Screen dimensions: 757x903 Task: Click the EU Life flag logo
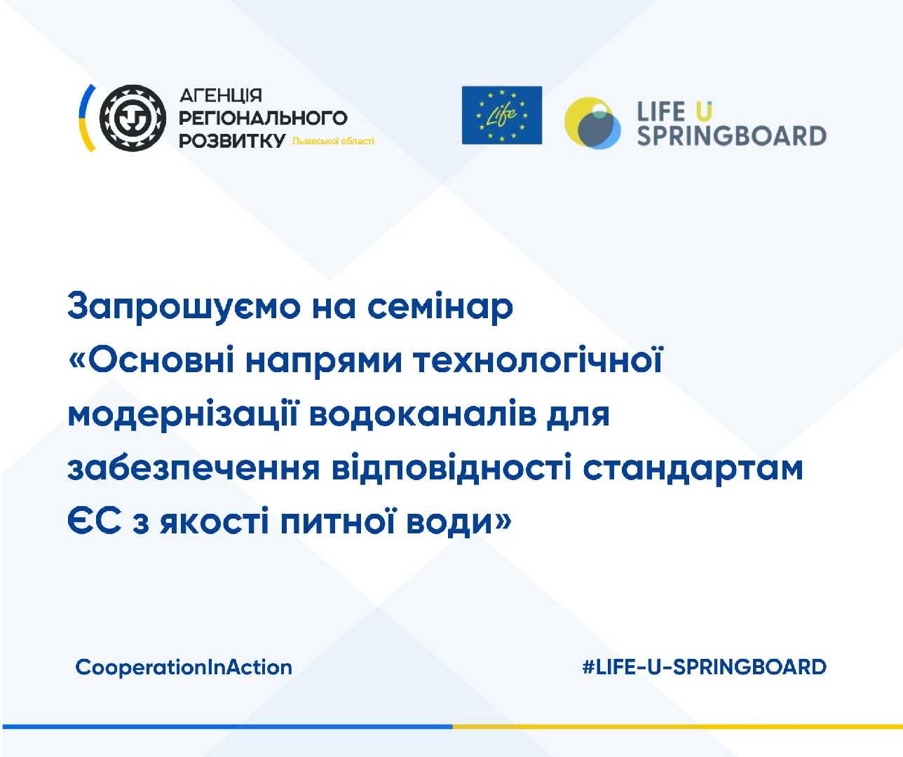tap(501, 116)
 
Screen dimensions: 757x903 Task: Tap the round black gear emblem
tap(133, 118)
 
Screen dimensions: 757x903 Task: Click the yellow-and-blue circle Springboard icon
tap(592, 123)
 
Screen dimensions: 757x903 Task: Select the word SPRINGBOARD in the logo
tap(731, 135)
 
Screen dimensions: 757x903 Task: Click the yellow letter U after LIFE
tap(703, 111)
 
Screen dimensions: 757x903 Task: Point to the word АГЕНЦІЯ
tap(220, 95)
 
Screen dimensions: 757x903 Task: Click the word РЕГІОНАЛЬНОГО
tap(263, 118)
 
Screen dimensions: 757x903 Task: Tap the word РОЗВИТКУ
tap(232, 141)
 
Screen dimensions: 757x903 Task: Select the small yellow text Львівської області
tap(333, 141)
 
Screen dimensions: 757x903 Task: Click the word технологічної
tap(538, 360)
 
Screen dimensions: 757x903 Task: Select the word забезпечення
tap(193, 468)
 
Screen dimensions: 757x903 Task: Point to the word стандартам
tap(693, 468)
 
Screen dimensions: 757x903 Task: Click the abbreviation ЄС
tap(95, 521)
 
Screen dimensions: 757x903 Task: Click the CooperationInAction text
tap(184, 667)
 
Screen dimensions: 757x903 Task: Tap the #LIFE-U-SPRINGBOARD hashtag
tap(704, 667)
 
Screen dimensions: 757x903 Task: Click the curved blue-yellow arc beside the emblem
tap(85, 118)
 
